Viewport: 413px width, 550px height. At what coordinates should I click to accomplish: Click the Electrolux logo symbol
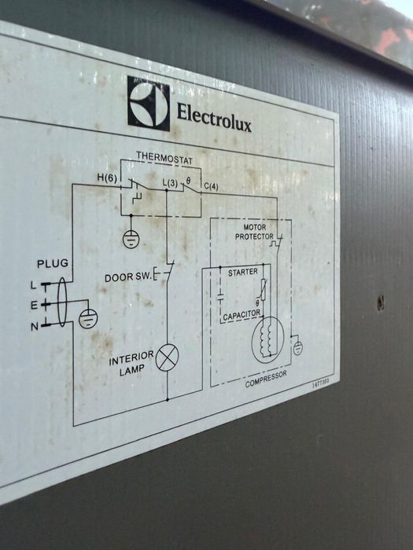point(148,103)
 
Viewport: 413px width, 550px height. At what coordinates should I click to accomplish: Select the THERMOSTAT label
point(164,158)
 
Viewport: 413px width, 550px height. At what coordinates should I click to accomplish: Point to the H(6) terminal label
point(107,178)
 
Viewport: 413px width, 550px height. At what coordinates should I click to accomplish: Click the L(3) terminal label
point(170,183)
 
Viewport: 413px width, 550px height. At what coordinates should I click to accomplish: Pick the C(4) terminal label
point(211,187)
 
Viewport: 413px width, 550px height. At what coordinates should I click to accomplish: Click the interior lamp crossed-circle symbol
point(167,357)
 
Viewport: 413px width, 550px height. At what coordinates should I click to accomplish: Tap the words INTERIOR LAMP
point(131,363)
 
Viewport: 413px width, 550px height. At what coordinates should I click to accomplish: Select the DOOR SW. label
point(128,277)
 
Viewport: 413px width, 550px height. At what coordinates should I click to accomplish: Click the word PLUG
point(53,263)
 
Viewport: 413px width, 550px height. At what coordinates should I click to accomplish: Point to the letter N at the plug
point(35,327)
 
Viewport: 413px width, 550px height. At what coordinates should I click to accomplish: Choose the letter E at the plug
point(34,306)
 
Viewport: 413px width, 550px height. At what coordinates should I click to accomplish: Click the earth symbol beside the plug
point(88,317)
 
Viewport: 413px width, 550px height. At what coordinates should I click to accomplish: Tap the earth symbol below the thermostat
point(131,239)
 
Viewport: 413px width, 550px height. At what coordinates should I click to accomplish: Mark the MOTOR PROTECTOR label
point(255,232)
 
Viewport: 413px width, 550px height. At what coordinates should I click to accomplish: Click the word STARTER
point(242,272)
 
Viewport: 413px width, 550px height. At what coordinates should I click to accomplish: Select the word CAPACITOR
point(242,315)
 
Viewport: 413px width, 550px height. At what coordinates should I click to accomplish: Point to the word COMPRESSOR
point(266,379)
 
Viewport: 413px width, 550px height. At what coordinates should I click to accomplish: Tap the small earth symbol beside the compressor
point(297,347)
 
